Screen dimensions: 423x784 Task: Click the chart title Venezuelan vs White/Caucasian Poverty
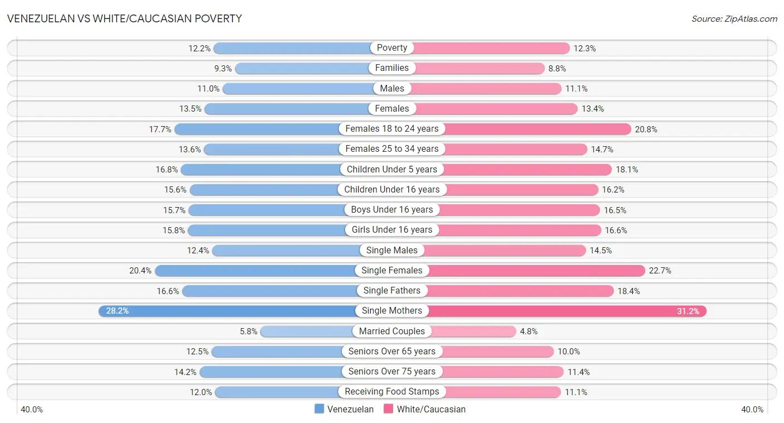point(124,18)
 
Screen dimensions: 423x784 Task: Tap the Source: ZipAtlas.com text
point(734,18)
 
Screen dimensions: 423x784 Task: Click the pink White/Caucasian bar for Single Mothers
point(563,311)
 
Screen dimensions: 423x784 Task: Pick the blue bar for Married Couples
point(306,331)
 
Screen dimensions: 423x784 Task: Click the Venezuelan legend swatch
point(320,409)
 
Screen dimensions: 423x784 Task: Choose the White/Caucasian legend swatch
point(389,409)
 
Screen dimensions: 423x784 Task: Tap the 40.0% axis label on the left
point(32,410)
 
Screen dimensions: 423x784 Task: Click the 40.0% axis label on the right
point(752,410)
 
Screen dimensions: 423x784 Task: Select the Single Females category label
point(392,271)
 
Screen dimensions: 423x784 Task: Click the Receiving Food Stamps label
point(392,392)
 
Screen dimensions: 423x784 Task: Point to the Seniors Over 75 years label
point(392,372)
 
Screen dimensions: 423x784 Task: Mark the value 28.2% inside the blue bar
point(117,311)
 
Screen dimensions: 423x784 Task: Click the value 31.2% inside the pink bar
point(688,311)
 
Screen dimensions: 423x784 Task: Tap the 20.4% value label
point(141,271)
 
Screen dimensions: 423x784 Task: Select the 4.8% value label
point(529,331)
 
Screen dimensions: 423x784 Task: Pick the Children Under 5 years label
point(392,169)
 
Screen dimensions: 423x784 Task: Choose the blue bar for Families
point(302,68)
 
